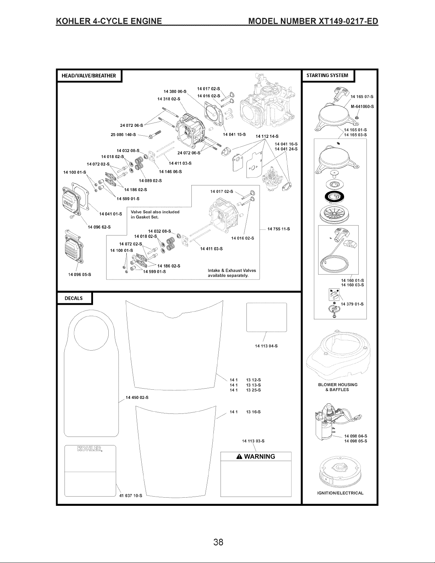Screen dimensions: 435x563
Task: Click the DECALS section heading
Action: click(74, 298)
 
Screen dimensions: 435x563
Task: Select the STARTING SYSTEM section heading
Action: click(327, 75)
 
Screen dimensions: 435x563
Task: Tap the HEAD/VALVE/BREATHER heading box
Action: click(89, 76)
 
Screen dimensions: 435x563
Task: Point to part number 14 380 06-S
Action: click(175, 91)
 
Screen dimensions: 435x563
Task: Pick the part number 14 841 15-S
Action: click(234, 135)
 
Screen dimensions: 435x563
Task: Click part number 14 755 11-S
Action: click(279, 229)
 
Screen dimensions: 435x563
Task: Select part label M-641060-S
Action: click(362, 107)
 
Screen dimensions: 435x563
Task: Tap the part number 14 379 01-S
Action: click(352, 304)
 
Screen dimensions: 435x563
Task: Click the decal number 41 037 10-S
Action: click(131, 496)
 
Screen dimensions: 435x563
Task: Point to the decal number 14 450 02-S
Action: click(137, 398)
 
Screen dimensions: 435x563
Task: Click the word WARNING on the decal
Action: click(260, 456)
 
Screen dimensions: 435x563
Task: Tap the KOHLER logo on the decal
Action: click(90, 449)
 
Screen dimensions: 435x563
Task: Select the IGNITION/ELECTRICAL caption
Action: click(340, 493)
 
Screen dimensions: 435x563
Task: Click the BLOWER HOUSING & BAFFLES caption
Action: click(338, 387)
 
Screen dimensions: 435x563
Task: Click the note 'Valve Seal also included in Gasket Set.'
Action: click(155, 215)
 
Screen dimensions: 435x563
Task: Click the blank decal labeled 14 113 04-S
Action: click(267, 317)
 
